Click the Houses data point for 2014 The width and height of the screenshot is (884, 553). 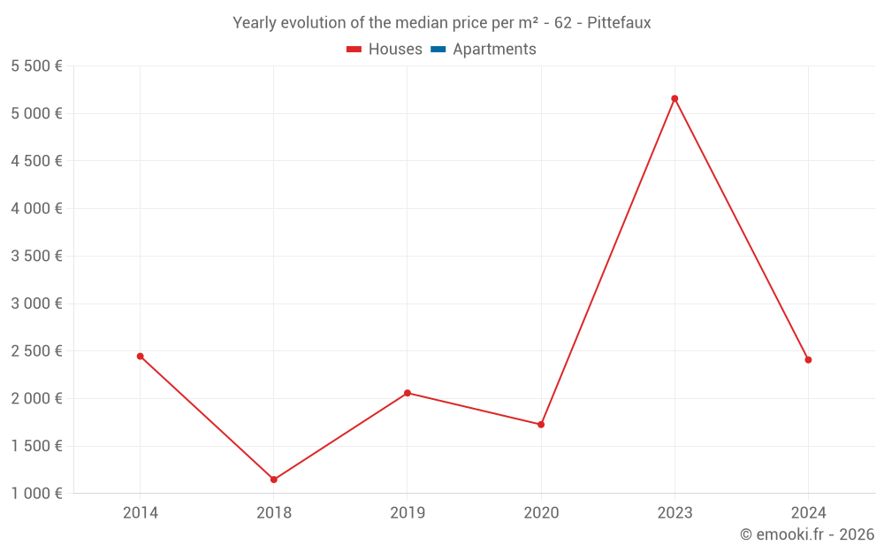point(140,356)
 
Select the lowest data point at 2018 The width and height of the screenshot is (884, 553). point(274,480)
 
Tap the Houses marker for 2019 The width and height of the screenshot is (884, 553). point(408,393)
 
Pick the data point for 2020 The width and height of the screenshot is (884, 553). point(541,425)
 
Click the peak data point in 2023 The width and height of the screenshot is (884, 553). point(674,98)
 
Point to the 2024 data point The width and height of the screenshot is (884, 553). point(808,360)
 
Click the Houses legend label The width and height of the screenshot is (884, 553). point(395,50)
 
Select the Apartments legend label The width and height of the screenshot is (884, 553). point(494,50)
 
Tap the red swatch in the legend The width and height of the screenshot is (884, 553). point(354,50)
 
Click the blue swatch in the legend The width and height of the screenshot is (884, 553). point(438,50)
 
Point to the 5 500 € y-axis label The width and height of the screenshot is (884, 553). point(36,65)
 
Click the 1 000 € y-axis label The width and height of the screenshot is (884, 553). point(36,493)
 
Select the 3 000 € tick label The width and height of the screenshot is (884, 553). point(36,303)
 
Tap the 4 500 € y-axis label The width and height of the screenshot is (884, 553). point(36,161)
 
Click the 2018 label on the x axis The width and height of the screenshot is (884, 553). point(274,512)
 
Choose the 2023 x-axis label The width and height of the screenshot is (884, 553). point(674,512)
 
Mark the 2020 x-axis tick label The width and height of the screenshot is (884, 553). point(541,512)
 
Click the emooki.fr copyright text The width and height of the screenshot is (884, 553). point(807,534)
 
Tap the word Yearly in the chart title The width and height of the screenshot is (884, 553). point(254,23)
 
